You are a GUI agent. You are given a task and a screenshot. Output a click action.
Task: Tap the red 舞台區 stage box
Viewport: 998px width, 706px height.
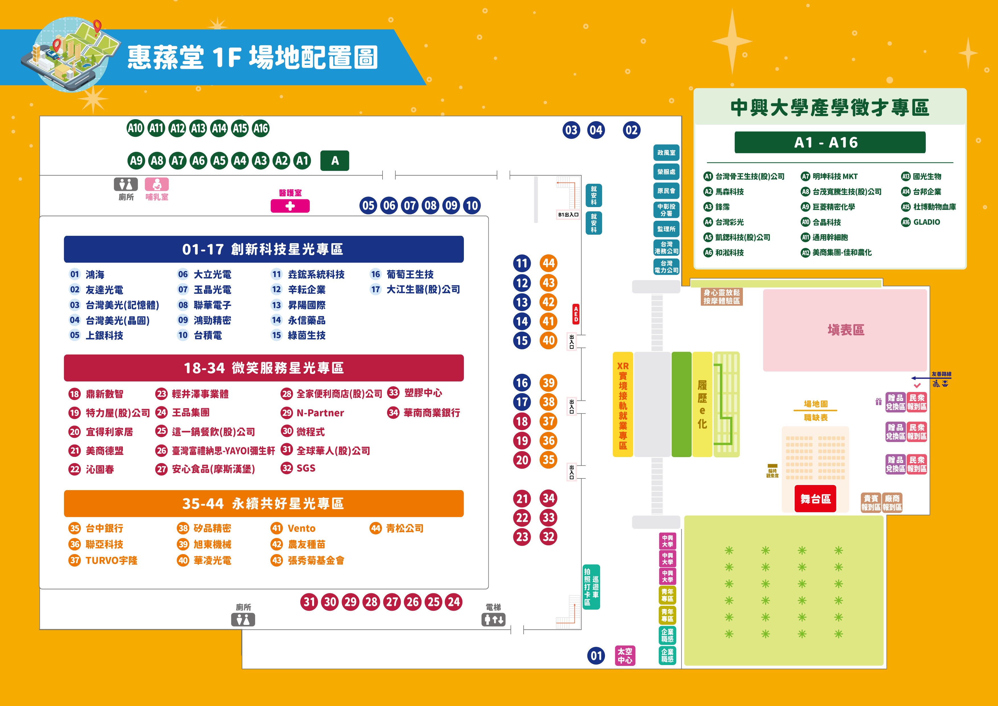click(815, 499)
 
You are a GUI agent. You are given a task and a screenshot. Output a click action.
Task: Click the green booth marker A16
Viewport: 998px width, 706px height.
click(261, 128)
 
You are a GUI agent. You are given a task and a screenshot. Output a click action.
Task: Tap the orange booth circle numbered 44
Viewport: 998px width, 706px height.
click(549, 263)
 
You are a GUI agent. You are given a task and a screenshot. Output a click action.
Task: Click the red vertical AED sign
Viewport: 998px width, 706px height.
click(576, 314)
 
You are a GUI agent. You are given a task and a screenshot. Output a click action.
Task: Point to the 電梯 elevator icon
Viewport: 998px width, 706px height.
click(493, 619)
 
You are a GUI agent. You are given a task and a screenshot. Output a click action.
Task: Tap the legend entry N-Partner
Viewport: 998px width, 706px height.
click(320, 413)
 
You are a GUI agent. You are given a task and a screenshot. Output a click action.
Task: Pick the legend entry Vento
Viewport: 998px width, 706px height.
click(301, 528)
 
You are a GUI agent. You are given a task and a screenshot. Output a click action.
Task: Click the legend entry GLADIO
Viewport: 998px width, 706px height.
click(926, 222)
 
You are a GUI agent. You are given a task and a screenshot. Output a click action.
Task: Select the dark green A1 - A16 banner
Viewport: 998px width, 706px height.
click(830, 142)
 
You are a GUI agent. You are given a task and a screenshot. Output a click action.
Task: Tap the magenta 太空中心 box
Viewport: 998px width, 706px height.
click(625, 656)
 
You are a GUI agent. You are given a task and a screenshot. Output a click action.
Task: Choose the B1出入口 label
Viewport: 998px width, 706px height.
click(569, 215)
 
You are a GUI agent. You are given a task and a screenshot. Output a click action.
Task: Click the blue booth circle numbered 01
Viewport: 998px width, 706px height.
click(596, 656)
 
